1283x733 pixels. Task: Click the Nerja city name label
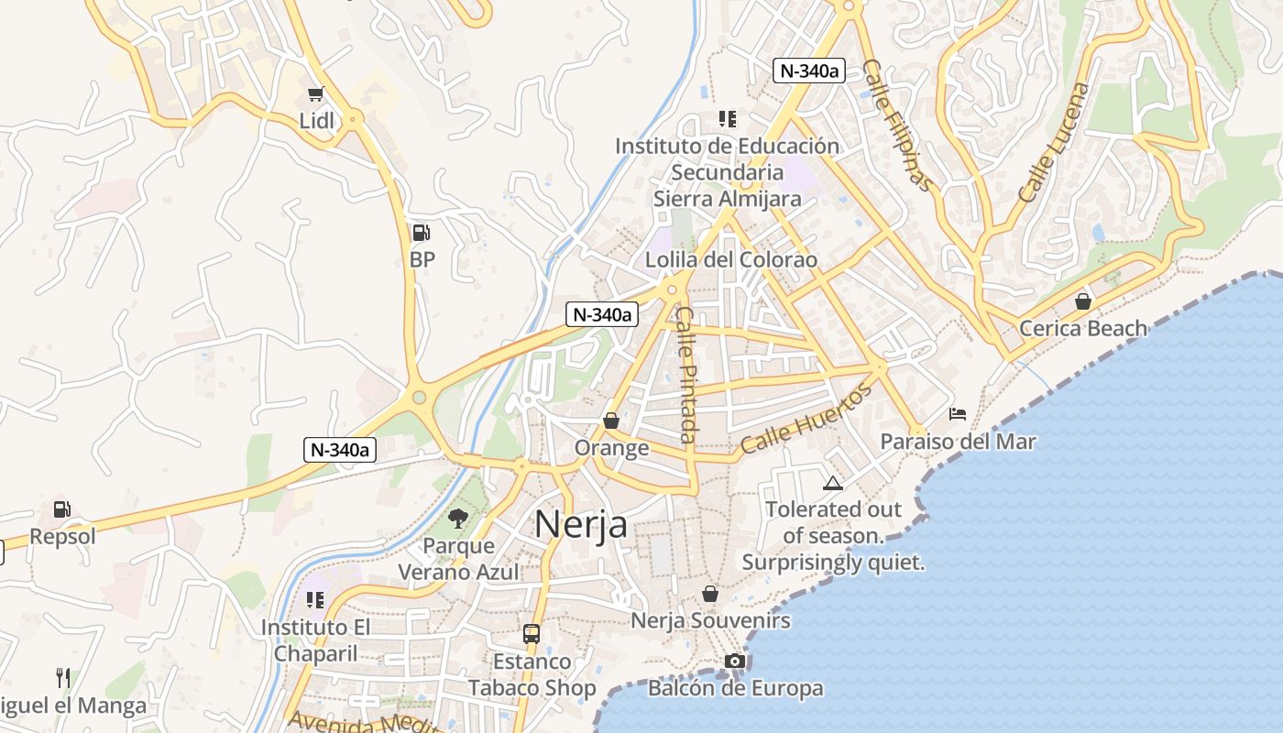(581, 524)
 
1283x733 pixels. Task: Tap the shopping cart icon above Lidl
(316, 93)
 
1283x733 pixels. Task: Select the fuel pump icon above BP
(421, 233)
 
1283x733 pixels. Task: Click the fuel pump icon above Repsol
(61, 509)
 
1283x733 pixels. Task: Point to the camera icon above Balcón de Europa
(734, 661)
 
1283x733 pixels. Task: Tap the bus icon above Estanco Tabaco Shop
(532, 633)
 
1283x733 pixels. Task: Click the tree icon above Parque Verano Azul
(457, 520)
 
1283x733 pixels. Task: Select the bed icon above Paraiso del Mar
(958, 414)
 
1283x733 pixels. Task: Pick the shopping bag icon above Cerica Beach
(1083, 301)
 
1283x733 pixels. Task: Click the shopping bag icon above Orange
(611, 421)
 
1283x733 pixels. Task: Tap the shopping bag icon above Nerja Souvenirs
(710, 594)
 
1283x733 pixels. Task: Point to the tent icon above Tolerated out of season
(832, 483)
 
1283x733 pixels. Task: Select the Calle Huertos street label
(806, 421)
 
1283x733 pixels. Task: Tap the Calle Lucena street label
(1055, 143)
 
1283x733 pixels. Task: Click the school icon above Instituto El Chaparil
(315, 600)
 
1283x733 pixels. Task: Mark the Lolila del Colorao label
(730, 259)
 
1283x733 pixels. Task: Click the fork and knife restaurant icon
(63, 678)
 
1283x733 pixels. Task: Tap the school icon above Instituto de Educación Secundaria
(728, 118)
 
